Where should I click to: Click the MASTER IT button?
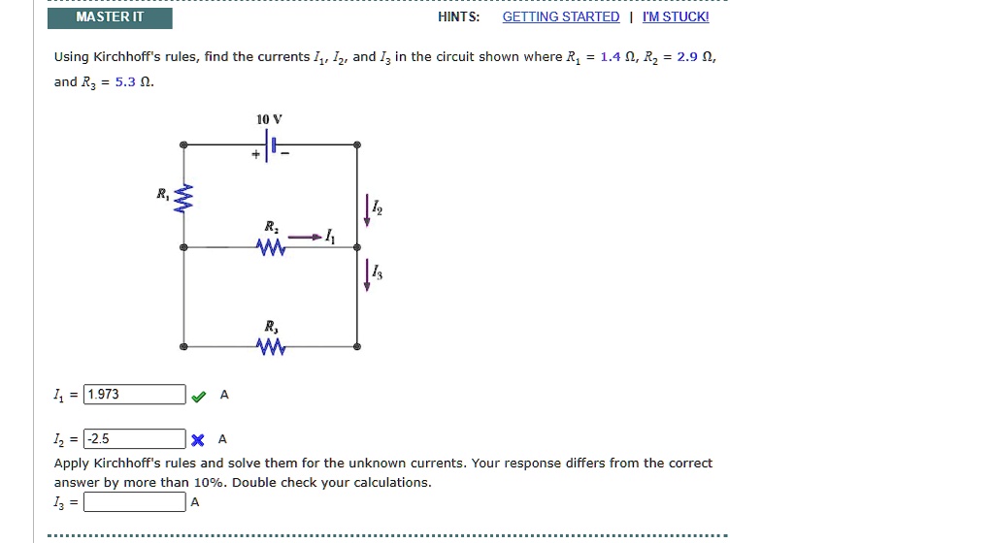[110, 17]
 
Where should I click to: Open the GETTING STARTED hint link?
[560, 17]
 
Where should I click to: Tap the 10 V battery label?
[269, 119]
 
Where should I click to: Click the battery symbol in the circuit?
[272, 146]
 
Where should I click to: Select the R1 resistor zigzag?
[184, 201]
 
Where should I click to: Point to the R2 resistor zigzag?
[270, 249]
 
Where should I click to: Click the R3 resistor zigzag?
[270, 347]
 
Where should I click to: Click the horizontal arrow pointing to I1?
[305, 237]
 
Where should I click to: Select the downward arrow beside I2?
[368, 209]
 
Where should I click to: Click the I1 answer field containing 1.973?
[134, 395]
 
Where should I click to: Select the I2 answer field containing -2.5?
[134, 438]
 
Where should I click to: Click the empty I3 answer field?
[134, 502]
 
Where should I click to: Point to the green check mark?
[199, 396]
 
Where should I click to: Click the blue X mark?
[198, 439]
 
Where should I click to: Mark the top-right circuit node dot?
[357, 145]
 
